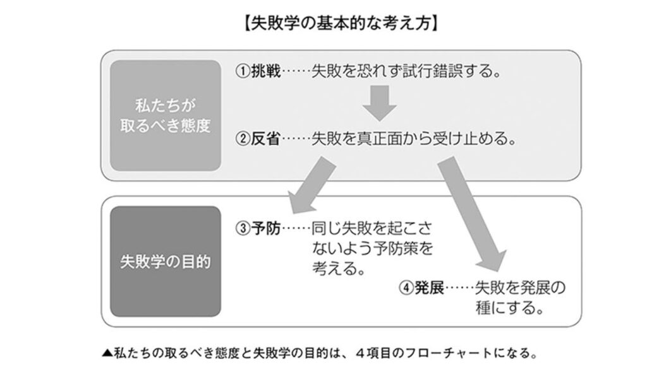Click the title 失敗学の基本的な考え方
tap(341, 24)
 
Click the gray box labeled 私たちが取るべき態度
tap(166, 116)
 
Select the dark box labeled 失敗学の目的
tap(166, 262)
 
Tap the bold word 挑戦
tap(266, 71)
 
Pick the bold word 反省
tap(266, 139)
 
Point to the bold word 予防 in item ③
tap(266, 228)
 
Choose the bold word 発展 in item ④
tap(429, 288)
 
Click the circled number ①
tap(243, 72)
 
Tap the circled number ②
tap(243, 139)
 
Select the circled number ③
tap(243, 228)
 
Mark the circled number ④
tap(406, 288)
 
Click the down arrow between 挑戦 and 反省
tap(380, 103)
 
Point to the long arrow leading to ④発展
tap(471, 214)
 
